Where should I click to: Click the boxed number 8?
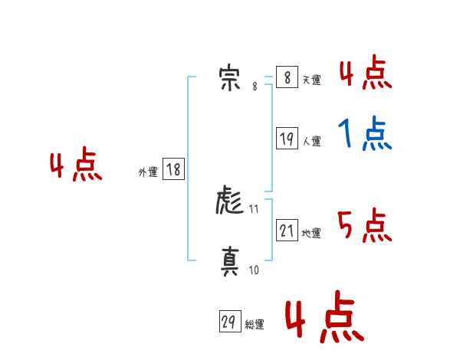tap(286, 78)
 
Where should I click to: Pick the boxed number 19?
tap(287, 139)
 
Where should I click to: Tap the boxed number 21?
tap(287, 231)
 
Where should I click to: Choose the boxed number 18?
tap(173, 170)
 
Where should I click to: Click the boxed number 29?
tap(229, 322)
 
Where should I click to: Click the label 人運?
tap(311, 142)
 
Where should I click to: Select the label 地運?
tap(311, 234)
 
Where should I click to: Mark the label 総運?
tap(255, 325)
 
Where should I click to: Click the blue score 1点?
tap(365, 136)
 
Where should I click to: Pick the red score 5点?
tap(365, 225)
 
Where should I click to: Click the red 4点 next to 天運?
tap(365, 74)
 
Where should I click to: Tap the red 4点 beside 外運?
tap(76, 167)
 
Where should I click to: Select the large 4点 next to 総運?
tap(324, 319)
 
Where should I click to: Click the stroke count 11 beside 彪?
tap(255, 208)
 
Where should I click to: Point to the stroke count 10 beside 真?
tap(254, 270)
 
